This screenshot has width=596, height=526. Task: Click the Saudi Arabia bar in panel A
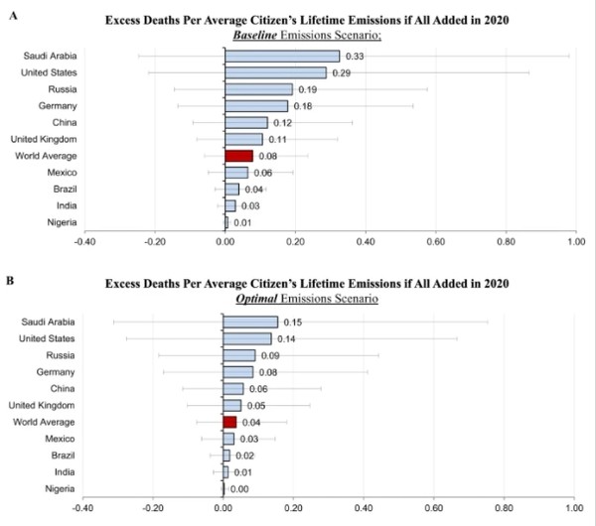(x=283, y=56)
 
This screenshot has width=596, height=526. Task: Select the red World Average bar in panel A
(x=239, y=156)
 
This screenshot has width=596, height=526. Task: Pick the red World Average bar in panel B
(x=229, y=421)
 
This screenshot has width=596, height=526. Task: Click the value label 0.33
(x=354, y=56)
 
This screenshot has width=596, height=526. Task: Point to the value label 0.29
(x=341, y=72)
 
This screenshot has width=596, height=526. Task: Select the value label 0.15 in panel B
(x=293, y=322)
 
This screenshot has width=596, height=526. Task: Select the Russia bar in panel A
(x=259, y=89)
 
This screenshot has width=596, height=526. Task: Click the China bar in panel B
(x=233, y=388)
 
